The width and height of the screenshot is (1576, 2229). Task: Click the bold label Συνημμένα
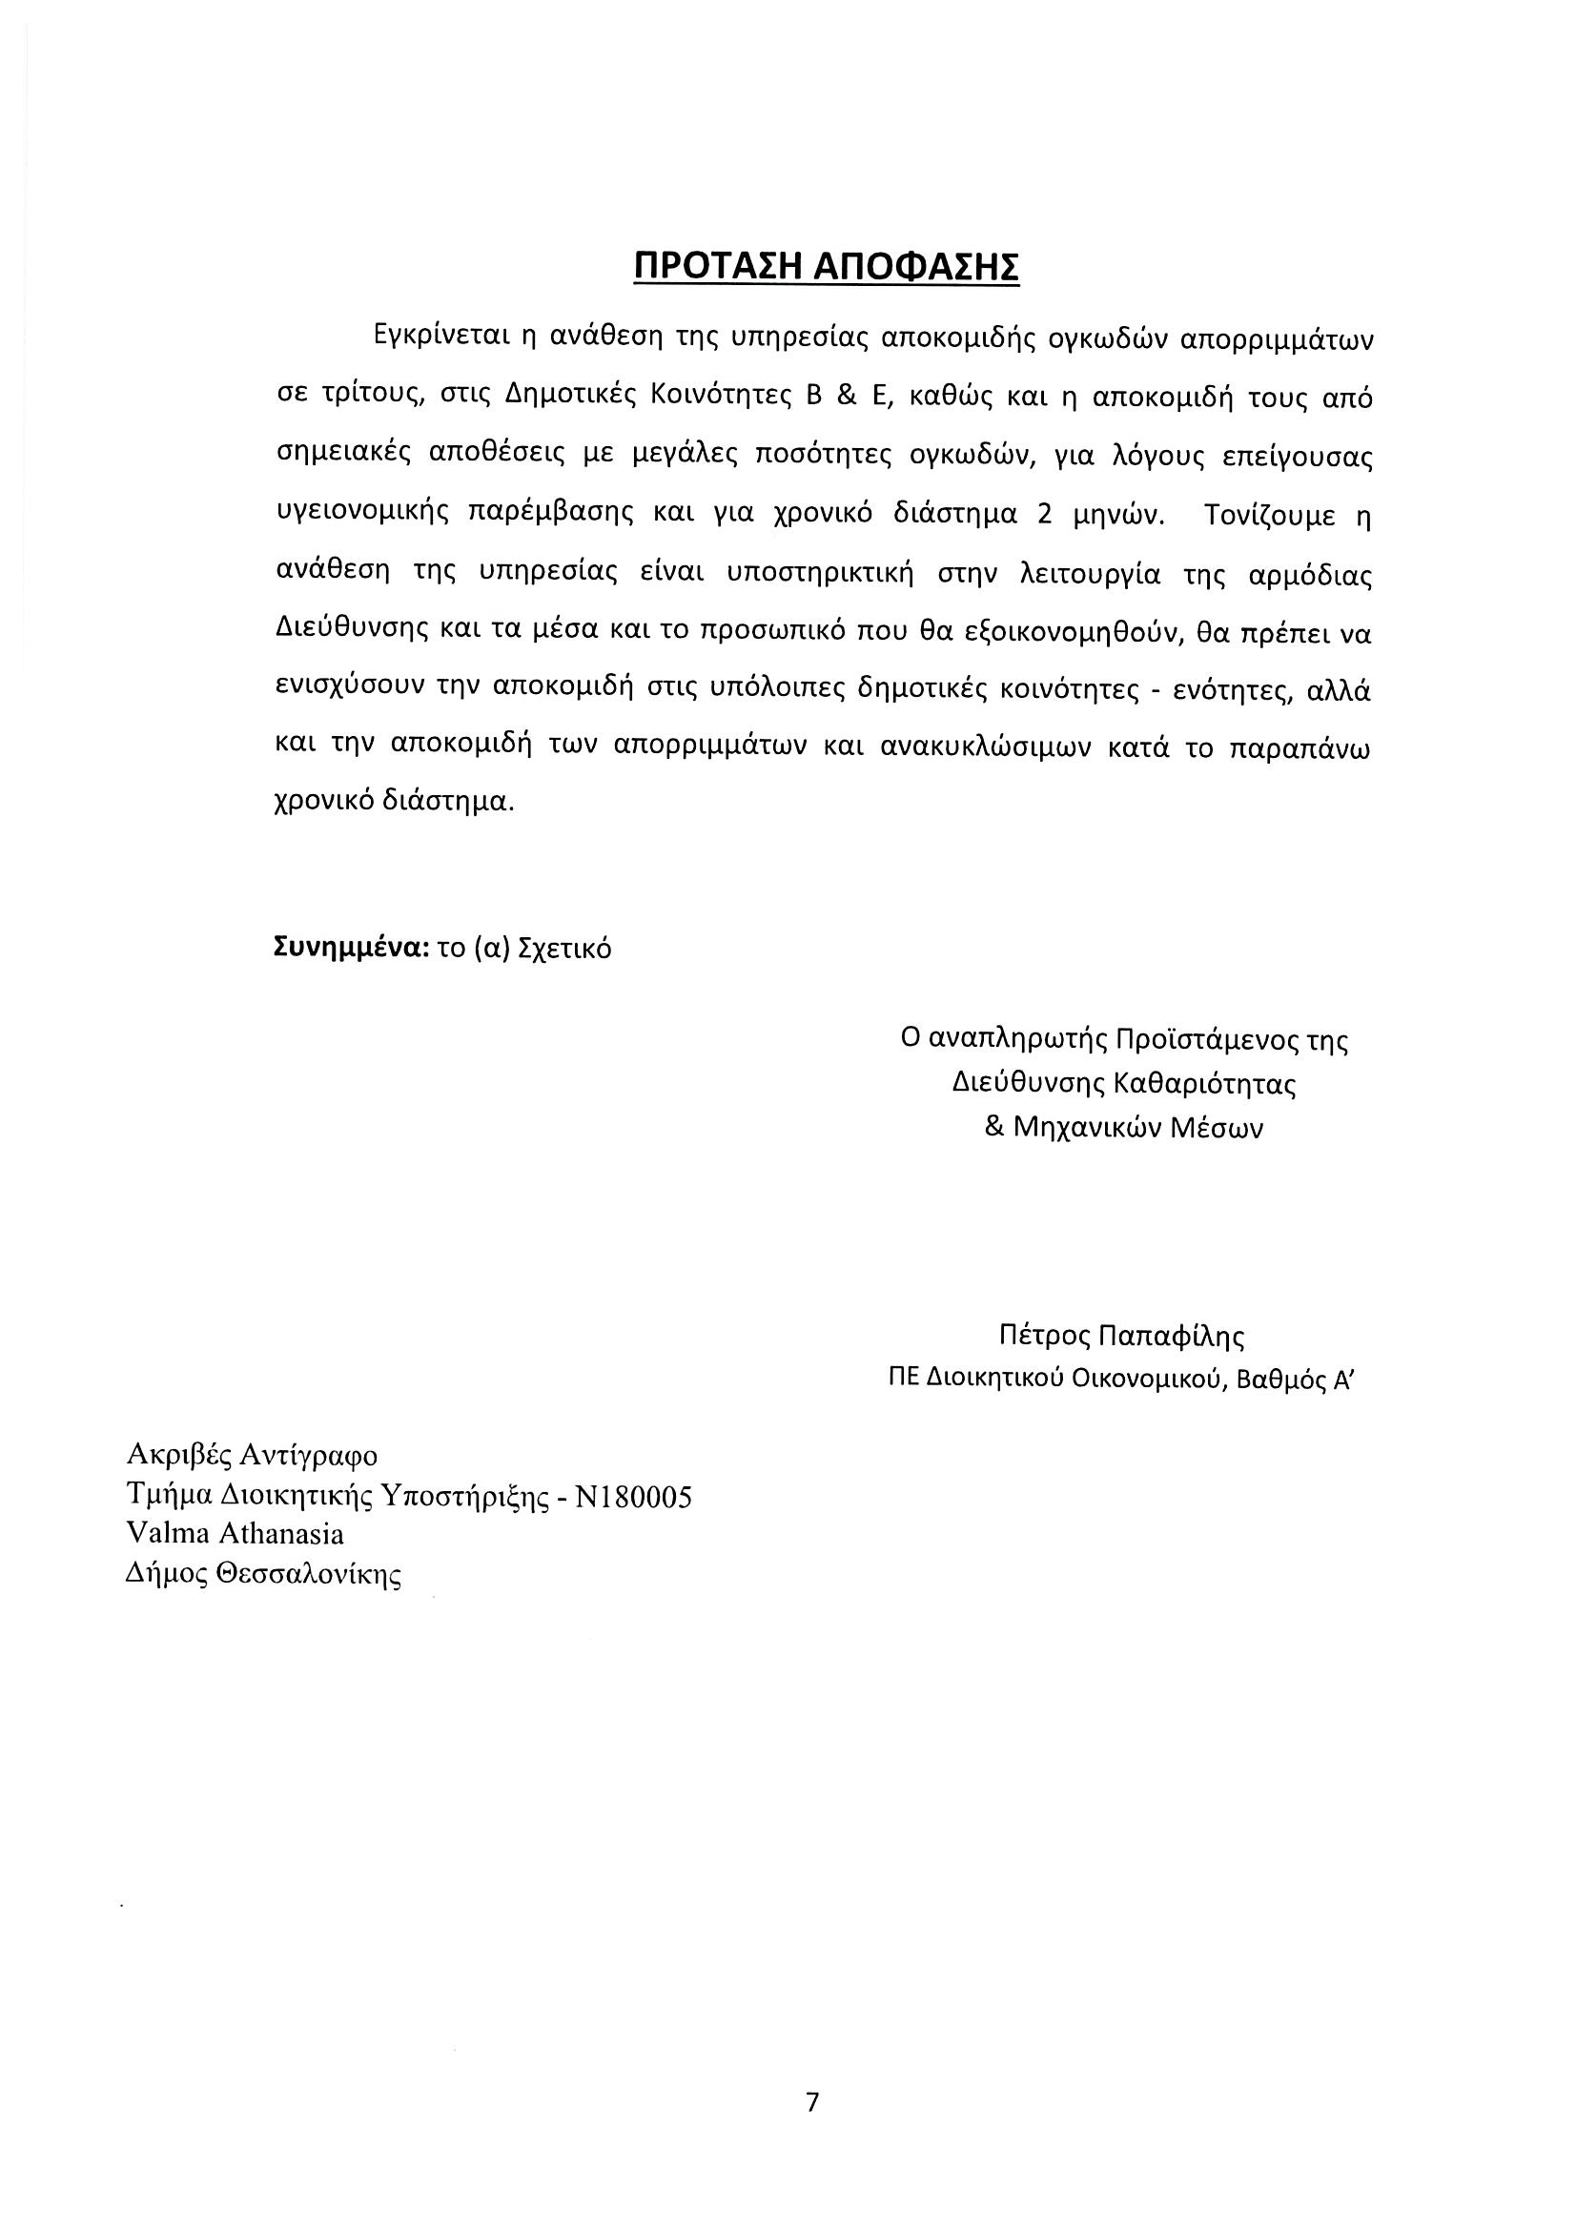pyautogui.click(x=353, y=948)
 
